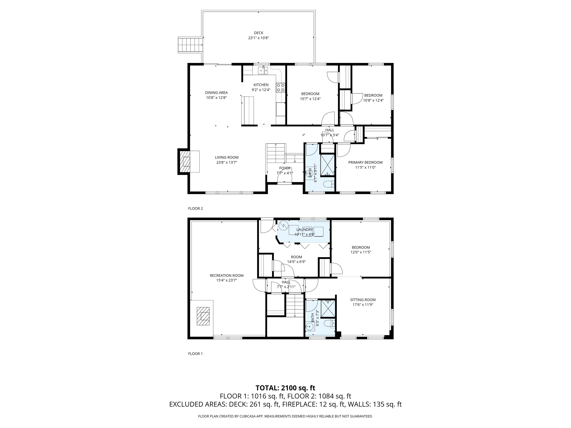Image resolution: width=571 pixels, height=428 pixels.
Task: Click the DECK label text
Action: click(258, 33)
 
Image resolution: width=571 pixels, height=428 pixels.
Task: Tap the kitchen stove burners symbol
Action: click(280, 87)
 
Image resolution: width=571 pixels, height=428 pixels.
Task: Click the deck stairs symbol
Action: click(190, 45)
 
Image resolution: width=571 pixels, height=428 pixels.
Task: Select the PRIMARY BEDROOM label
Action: click(365, 162)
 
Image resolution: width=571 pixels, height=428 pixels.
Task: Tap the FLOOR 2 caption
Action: click(195, 208)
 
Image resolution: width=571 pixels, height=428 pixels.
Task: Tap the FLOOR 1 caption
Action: click(195, 354)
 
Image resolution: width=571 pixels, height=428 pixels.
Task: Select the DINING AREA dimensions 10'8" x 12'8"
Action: click(216, 98)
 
